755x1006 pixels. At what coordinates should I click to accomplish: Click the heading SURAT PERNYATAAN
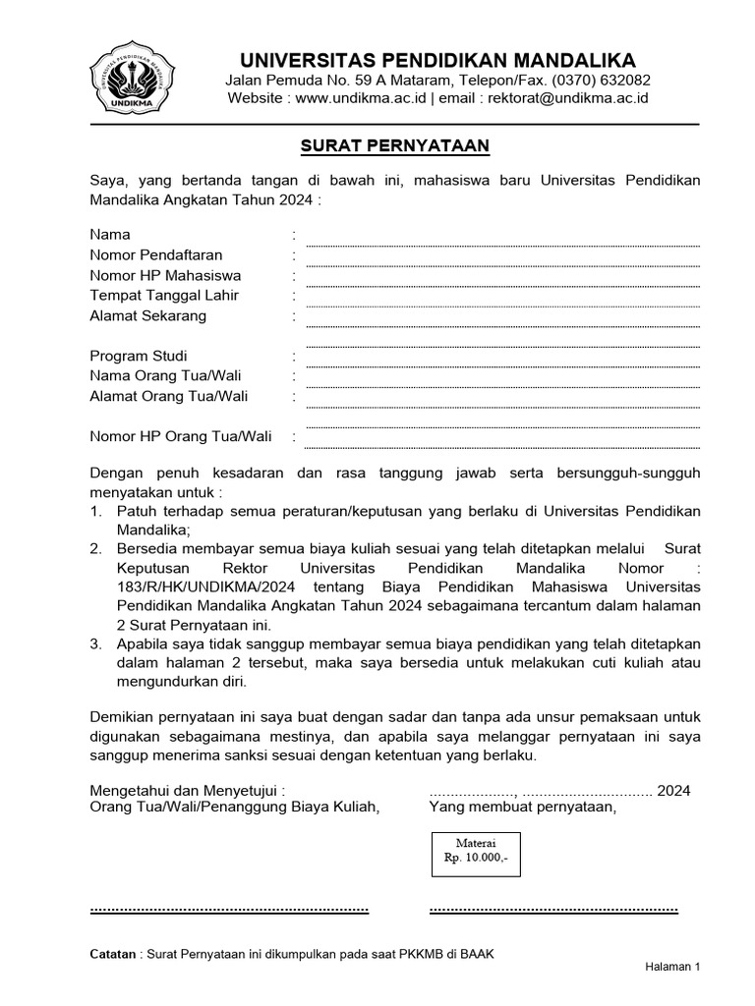[394, 146]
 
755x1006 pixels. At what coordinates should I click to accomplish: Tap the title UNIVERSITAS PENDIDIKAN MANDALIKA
[438, 59]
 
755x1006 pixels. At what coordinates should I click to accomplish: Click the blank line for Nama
[502, 243]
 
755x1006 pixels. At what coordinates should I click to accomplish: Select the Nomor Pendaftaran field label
[156, 255]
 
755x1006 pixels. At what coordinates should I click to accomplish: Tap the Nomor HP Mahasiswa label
[165, 275]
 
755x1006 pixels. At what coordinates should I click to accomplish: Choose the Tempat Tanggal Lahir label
[164, 296]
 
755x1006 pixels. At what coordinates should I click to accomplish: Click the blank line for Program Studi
[502, 363]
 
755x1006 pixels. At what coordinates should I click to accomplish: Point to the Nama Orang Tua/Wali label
[165, 376]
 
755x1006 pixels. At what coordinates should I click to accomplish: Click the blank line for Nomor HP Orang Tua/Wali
[502, 444]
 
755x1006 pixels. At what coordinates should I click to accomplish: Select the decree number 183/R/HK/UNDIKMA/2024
[200, 587]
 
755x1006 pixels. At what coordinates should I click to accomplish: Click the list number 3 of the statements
[95, 644]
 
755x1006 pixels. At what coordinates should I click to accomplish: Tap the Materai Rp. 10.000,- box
[477, 851]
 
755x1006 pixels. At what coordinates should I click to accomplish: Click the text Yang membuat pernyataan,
[522, 808]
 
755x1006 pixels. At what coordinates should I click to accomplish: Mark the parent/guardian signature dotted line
[229, 910]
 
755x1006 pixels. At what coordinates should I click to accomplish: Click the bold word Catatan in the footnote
[113, 954]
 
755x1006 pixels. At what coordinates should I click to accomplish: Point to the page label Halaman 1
[671, 967]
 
